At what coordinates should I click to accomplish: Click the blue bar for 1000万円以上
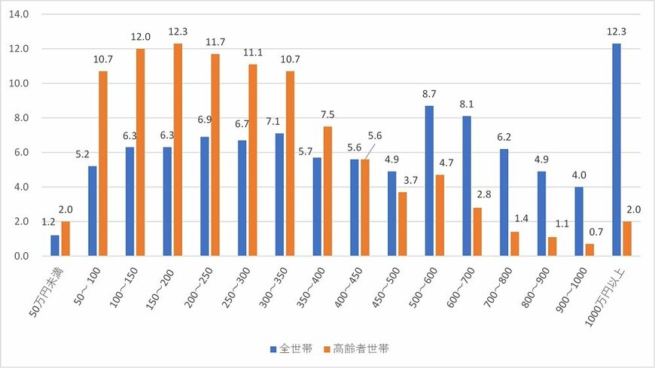pyautogui.click(x=616, y=150)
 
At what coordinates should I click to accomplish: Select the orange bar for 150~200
pyautogui.click(x=178, y=150)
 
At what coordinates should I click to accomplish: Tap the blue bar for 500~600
pyautogui.click(x=429, y=181)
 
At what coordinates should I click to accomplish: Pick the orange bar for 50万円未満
pyautogui.click(x=66, y=239)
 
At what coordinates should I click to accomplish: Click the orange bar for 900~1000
pyautogui.click(x=589, y=250)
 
